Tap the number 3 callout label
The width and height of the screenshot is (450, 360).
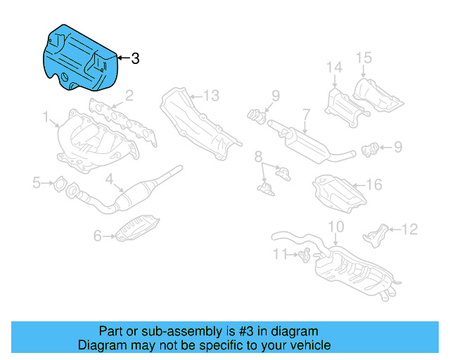point(135,59)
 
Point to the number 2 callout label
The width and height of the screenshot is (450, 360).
point(129,96)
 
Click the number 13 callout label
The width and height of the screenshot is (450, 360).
point(212,95)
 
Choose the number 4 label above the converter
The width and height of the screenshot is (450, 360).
point(110,179)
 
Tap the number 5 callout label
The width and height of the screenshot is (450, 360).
point(37,184)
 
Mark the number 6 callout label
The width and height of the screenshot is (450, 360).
point(98,236)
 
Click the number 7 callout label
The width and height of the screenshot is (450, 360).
point(306,112)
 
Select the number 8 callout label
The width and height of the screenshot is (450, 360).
point(259,155)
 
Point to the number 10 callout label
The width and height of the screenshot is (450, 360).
point(336,226)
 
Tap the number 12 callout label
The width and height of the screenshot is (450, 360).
point(409,229)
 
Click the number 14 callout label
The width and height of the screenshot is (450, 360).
point(333,67)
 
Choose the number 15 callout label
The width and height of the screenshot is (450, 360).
point(362,57)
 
